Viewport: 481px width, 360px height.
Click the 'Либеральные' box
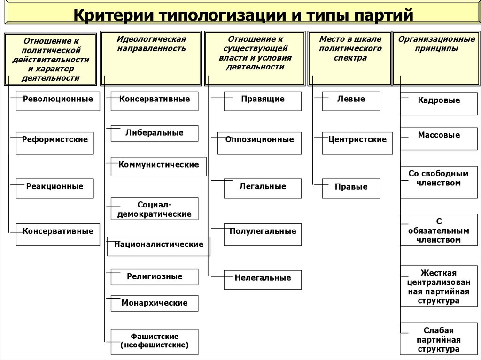point(154,133)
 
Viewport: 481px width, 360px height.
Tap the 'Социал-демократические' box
point(154,209)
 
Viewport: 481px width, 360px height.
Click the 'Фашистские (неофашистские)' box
point(154,342)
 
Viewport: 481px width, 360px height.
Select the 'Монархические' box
point(154,303)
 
